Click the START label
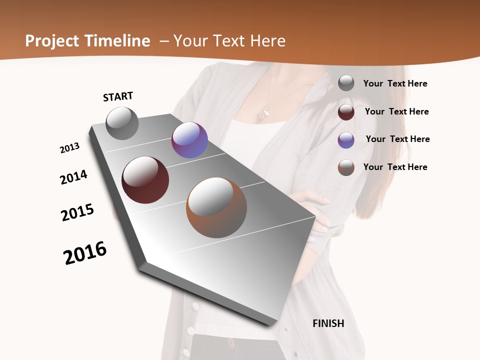point(118,96)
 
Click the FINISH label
point(328,323)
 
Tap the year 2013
point(69,148)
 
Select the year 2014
point(73,177)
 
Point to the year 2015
point(77,212)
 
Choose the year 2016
point(85,253)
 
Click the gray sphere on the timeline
point(122,123)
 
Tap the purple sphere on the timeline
point(189,140)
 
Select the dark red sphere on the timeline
point(145,180)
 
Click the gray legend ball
point(346,83)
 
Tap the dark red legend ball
point(346,112)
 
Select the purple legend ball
point(346,139)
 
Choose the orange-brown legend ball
point(346,167)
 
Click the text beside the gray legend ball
point(395,83)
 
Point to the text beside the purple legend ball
point(397,139)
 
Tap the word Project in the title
point(52,41)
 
